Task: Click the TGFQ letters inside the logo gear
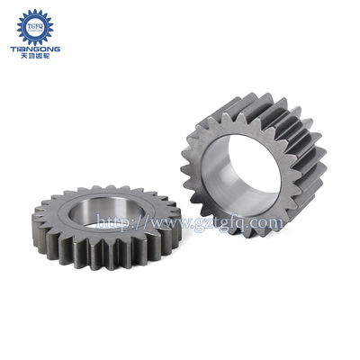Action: pyautogui.click(x=36, y=27)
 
